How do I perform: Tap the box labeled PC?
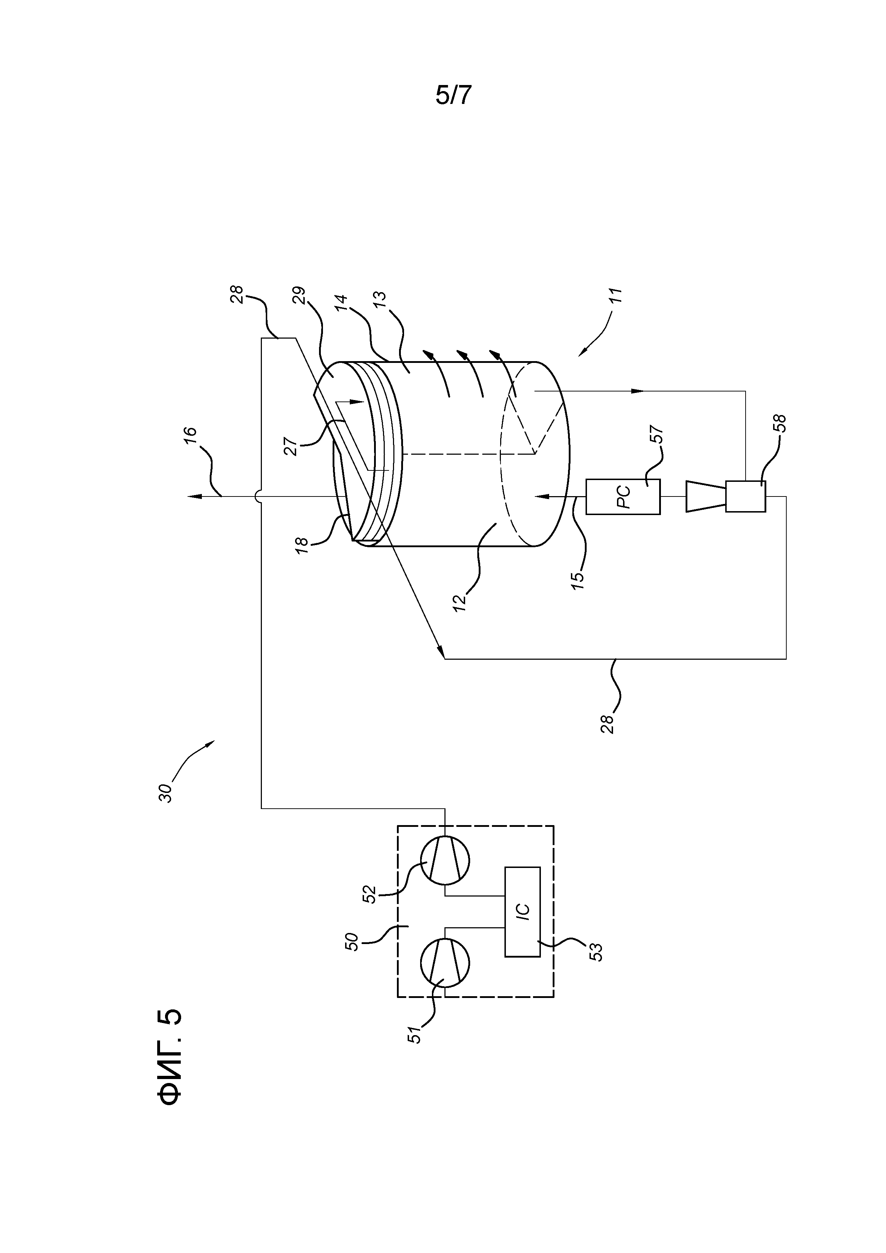coord(623,496)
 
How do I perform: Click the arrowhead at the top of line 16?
coord(191,496)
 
